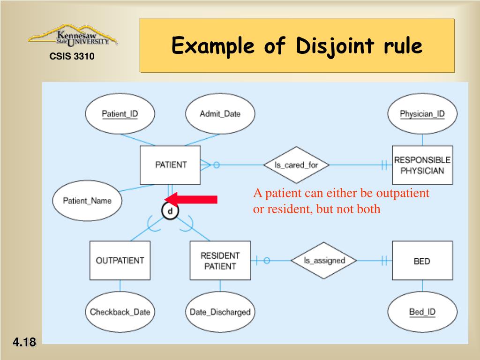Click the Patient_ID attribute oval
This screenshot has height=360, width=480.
[120, 114]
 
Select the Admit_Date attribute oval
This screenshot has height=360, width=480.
[220, 114]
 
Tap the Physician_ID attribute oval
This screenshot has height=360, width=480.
[422, 114]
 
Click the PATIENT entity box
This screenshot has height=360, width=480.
[171, 165]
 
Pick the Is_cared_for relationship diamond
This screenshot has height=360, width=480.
[296, 165]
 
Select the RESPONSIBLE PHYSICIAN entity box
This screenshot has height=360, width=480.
[422, 165]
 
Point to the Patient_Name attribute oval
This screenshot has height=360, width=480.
[87, 201]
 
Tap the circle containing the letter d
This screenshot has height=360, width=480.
[170, 211]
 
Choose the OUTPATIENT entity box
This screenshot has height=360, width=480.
[120, 260]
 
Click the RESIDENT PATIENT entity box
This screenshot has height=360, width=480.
[220, 260]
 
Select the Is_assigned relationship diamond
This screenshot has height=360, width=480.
[324, 261]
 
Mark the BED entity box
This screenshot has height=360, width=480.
[422, 261]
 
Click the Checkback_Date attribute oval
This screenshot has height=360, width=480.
[120, 312]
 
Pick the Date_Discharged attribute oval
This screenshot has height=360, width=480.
[220, 312]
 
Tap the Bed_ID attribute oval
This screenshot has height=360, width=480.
[422, 312]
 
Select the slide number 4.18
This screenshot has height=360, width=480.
[24, 343]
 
